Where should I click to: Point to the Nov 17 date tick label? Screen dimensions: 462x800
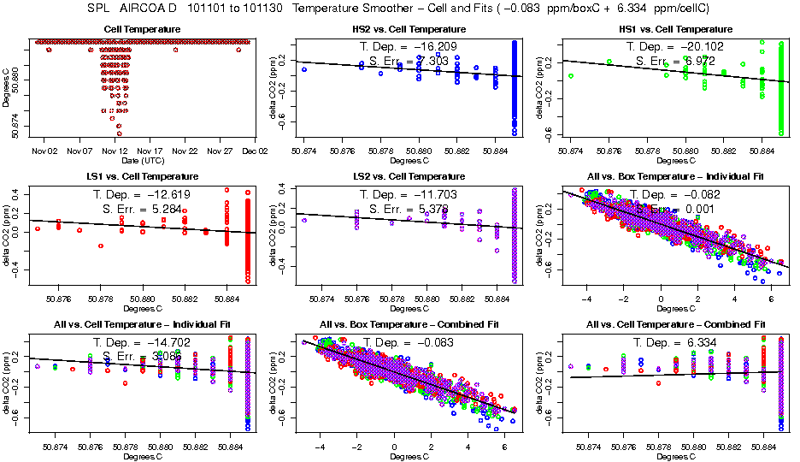(150, 151)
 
